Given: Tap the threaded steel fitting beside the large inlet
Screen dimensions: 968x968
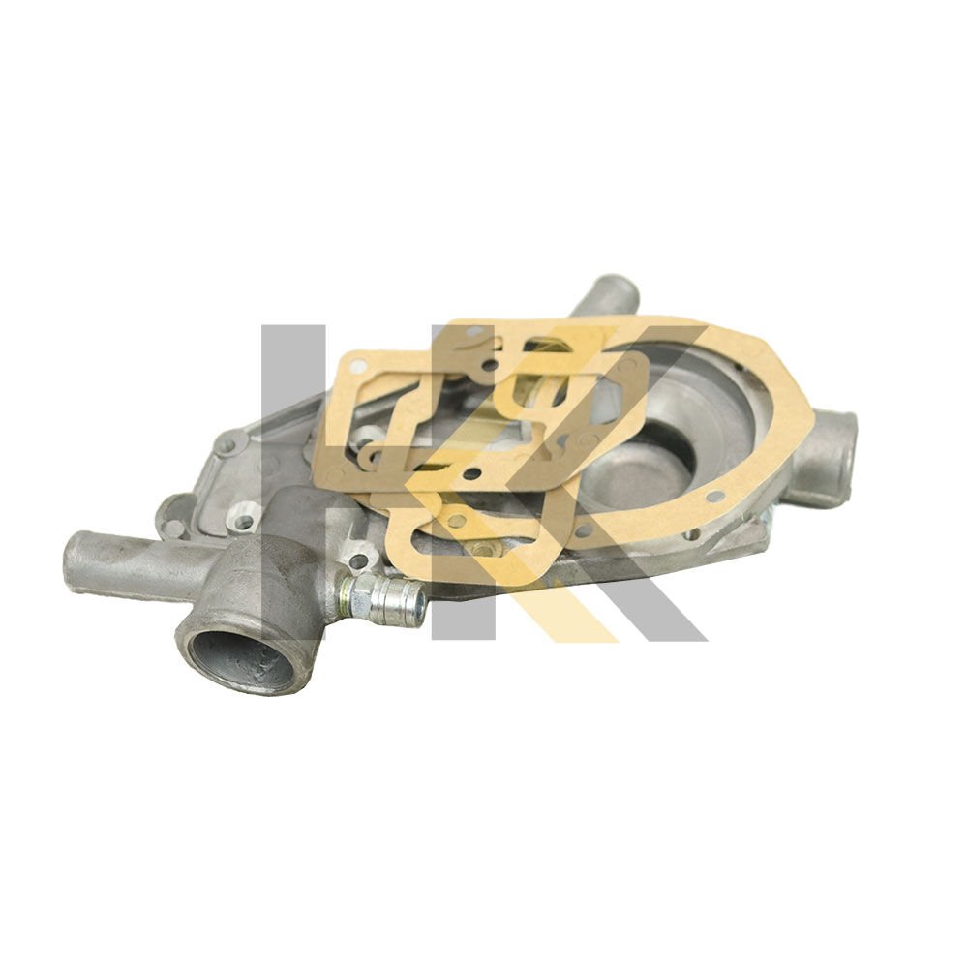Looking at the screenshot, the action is (x=382, y=597).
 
